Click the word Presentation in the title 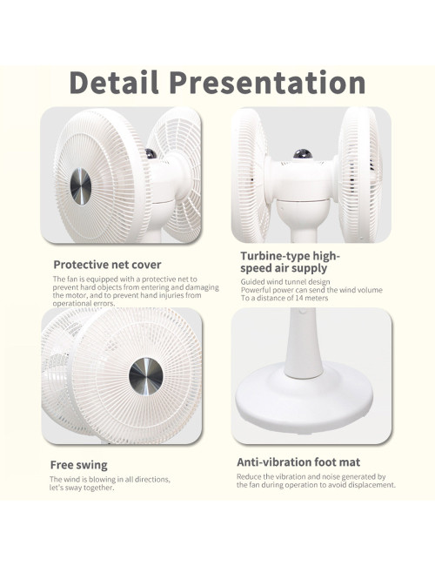pyautogui.click(x=266, y=83)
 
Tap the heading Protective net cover pyautogui.click(x=107, y=264)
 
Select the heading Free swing pyautogui.click(x=79, y=464)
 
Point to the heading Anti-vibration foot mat pyautogui.click(x=298, y=462)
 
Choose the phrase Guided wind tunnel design pyautogui.click(x=285, y=281)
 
